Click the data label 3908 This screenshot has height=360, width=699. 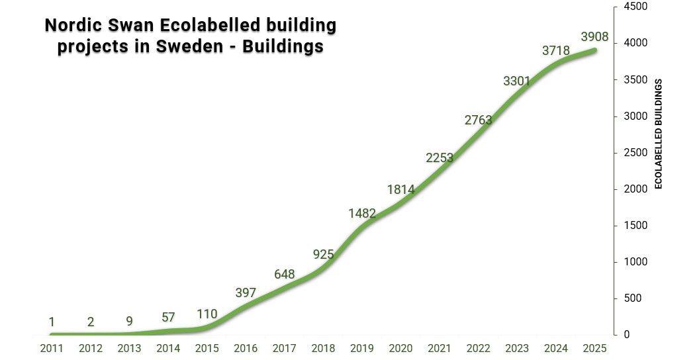(594, 36)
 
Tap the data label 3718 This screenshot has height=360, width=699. (555, 50)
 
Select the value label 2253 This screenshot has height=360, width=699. (439, 157)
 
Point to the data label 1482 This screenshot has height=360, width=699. (362, 214)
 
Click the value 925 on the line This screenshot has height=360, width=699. (323, 254)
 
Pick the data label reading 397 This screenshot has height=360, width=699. (246, 293)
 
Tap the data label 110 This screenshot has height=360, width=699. (207, 314)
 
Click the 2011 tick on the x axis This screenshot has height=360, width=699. (52, 349)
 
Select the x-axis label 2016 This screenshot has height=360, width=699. (246, 349)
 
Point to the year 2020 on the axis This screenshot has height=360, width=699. (400, 349)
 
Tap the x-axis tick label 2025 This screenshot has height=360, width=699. (594, 349)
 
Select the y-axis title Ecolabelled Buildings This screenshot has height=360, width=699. (659, 134)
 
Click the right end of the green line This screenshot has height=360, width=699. (595, 50)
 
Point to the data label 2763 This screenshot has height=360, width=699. (478, 120)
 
